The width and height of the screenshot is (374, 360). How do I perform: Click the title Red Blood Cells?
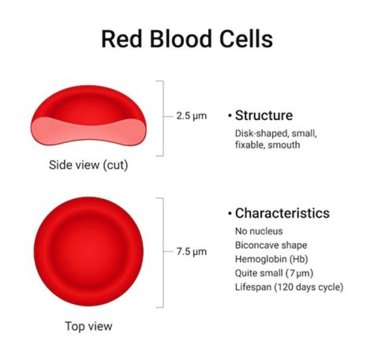pos(186,39)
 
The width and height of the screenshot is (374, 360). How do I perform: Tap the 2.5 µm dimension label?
pos(191,116)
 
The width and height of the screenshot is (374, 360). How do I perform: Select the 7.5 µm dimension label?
pos(191,252)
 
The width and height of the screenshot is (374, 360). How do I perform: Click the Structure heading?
pos(263,115)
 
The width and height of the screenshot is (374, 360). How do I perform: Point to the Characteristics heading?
pos(282,214)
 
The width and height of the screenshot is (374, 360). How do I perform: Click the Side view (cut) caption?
pos(88,166)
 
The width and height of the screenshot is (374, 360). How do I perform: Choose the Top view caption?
pos(88,327)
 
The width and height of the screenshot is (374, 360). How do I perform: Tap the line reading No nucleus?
pos(259,231)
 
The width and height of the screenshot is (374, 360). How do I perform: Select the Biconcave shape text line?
pos(271,245)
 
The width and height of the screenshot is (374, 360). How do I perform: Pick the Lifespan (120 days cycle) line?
pos(289,287)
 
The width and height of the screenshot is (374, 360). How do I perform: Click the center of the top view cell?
pos(88,252)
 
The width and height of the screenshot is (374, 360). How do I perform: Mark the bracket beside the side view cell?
pos(163,118)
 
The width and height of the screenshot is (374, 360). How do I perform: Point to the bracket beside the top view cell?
pos(163,252)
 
